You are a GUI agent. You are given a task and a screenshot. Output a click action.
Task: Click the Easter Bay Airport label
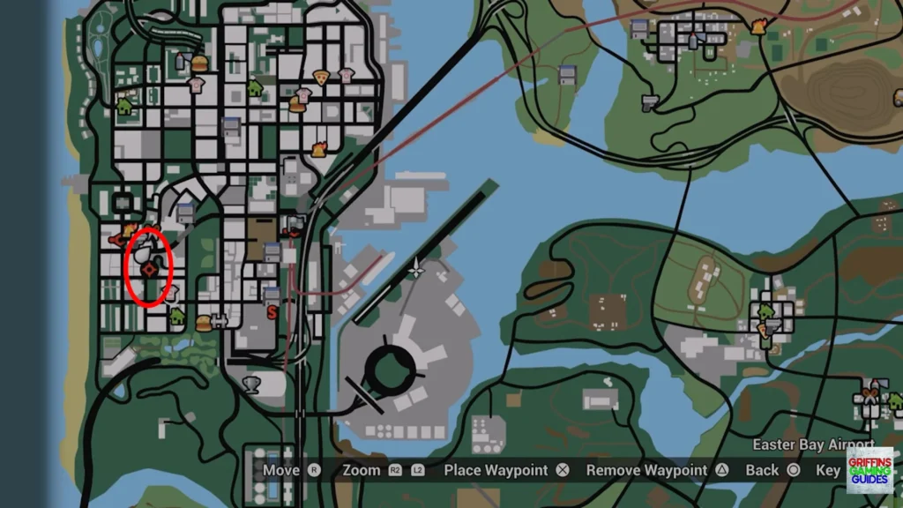coord(801,445)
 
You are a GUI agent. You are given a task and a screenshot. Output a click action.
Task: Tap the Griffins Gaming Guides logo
coord(870,471)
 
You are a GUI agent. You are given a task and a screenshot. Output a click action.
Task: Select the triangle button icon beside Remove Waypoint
coord(722,470)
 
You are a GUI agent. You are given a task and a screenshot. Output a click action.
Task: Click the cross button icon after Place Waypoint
coord(562,470)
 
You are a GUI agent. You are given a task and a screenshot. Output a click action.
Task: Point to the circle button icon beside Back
coord(793,470)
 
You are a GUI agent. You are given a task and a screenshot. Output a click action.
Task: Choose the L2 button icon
coord(419,470)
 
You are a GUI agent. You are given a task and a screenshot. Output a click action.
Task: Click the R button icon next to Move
coord(314,470)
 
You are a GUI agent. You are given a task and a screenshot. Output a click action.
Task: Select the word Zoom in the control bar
coord(362,470)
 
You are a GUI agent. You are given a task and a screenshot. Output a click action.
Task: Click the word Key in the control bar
coord(828,470)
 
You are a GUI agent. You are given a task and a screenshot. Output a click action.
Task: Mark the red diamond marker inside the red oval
coord(151,268)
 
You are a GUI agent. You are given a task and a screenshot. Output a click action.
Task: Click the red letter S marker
coord(272,310)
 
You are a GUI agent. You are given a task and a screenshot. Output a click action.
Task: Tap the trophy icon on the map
coord(251,384)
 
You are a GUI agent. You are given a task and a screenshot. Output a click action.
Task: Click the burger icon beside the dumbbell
coord(204,323)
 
